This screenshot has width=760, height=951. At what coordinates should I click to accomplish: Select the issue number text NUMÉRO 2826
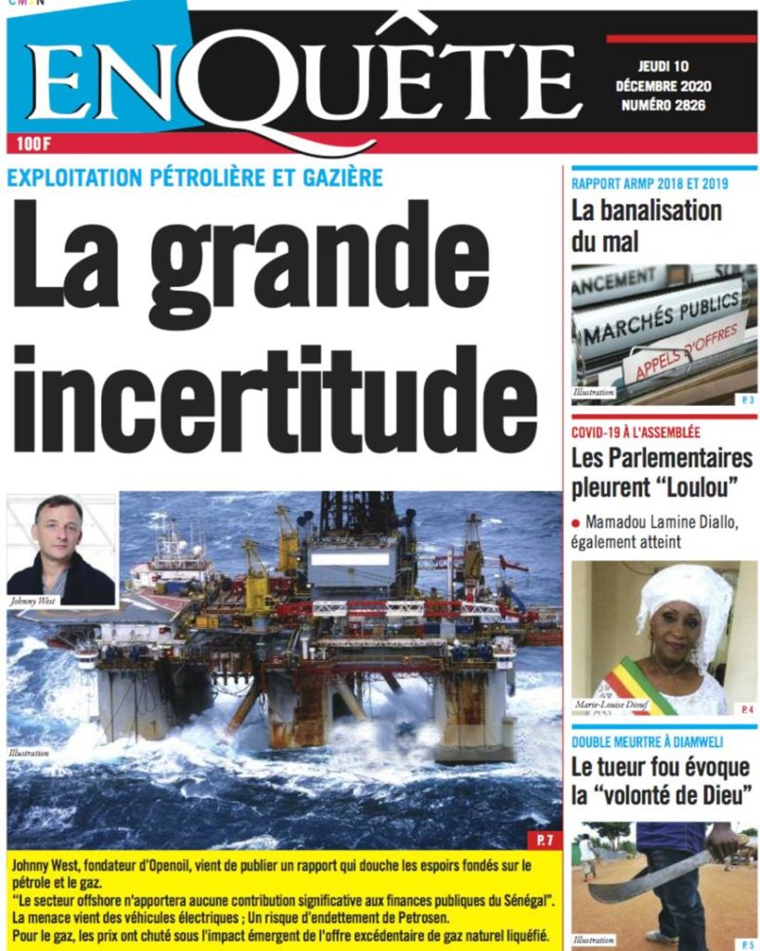point(663,105)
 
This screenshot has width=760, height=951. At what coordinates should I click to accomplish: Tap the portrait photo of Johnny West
point(61,548)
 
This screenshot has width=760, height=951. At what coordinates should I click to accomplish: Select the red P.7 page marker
point(544,840)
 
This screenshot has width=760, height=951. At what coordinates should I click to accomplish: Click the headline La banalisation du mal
point(646,226)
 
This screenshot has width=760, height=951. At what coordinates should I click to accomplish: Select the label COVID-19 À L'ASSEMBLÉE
point(636,432)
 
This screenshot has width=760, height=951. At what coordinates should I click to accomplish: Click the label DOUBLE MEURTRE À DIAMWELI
point(647,741)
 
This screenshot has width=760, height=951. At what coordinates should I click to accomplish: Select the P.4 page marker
point(747,710)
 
